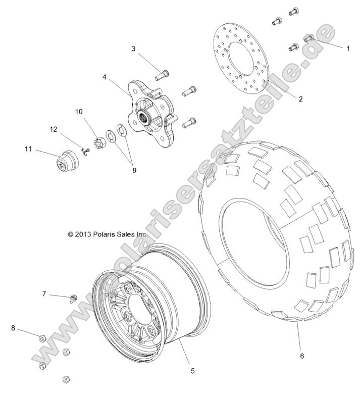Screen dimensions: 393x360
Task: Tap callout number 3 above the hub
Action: (x=133, y=49)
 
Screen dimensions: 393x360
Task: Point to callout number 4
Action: (x=104, y=78)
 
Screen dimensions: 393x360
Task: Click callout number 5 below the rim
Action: (x=192, y=371)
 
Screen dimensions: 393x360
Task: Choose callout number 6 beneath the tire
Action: (x=302, y=356)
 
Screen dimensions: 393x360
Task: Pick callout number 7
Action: (x=44, y=293)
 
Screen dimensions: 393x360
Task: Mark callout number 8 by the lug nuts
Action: (x=13, y=328)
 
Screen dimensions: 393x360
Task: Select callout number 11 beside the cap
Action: (x=28, y=149)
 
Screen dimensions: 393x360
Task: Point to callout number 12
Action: (x=54, y=130)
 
